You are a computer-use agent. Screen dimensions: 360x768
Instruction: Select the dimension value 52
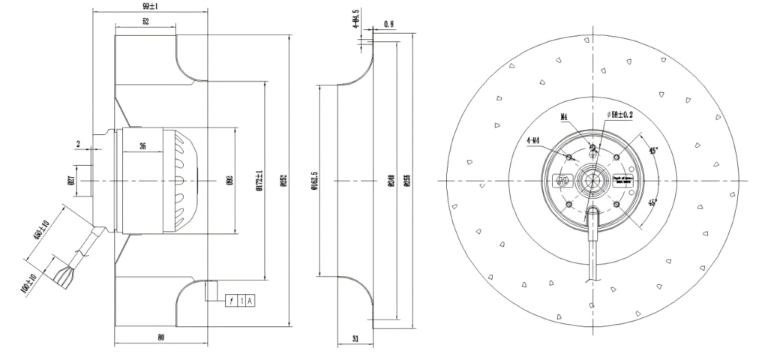point(144,23)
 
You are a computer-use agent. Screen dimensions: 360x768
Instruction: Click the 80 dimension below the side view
point(160,337)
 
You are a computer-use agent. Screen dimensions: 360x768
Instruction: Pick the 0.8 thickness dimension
point(388,24)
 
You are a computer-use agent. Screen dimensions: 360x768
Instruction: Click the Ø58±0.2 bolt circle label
point(619,115)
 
